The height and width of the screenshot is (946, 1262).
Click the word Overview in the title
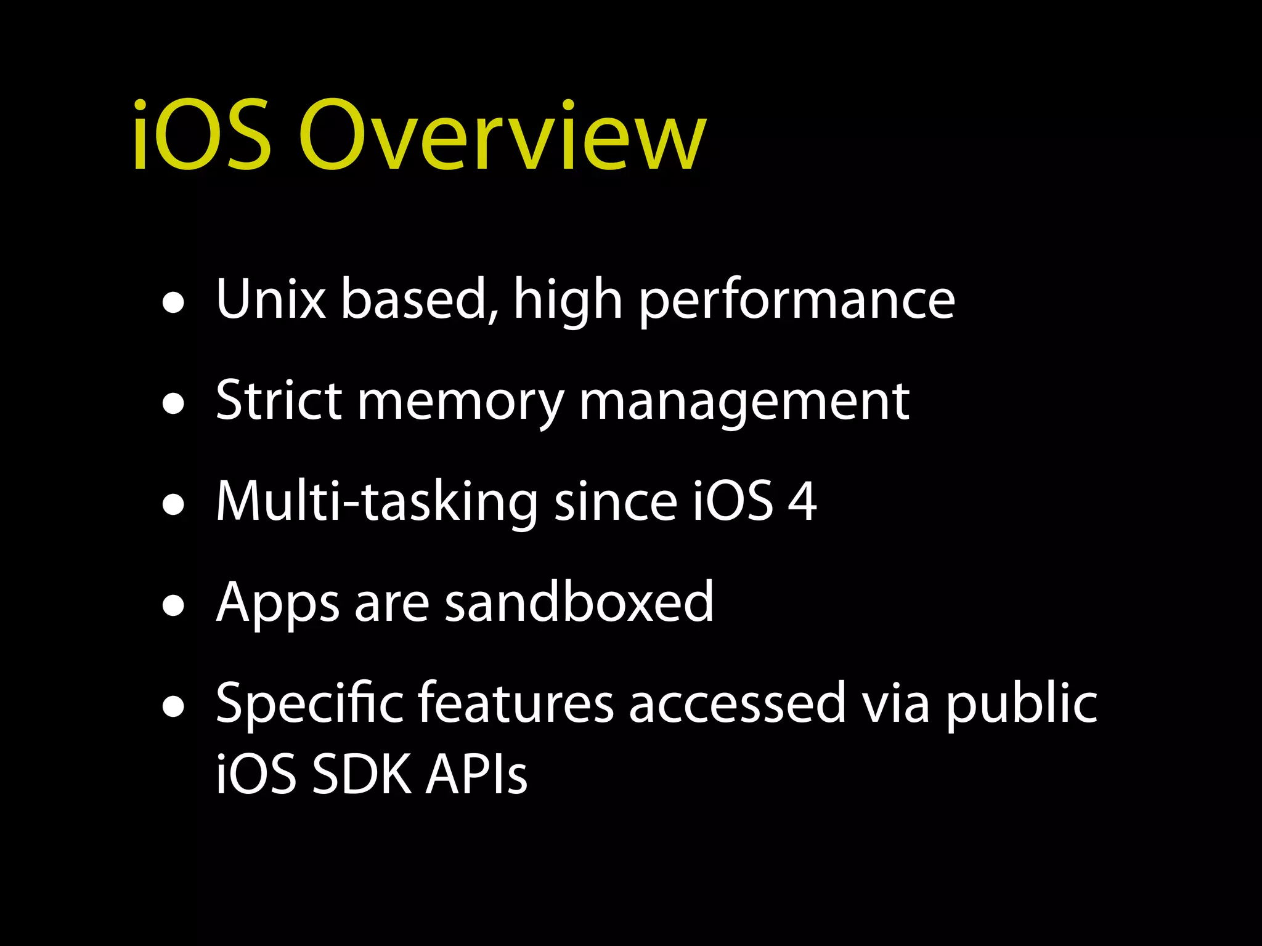coord(502,136)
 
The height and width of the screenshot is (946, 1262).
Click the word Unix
coord(271,299)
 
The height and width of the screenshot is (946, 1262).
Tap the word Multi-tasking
coord(377,502)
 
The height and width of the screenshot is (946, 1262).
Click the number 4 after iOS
coord(802,501)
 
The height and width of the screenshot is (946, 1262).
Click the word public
coord(1021,704)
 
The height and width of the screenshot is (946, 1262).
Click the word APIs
coord(476,774)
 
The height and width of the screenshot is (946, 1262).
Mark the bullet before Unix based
coord(174,303)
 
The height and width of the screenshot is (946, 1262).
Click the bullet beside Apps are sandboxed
coord(174,606)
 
